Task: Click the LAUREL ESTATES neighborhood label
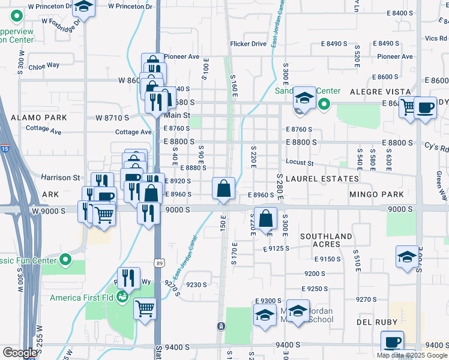(322, 179)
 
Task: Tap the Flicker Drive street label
(248, 44)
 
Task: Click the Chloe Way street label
(43, 65)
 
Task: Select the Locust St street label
(300, 163)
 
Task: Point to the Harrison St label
(61, 178)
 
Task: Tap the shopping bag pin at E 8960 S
(223, 188)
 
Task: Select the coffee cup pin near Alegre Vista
(426, 108)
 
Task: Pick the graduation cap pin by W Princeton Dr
(83, 8)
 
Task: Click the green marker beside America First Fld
(122, 296)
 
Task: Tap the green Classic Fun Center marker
(65, 260)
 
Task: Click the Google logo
(19, 353)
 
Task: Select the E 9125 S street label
(276, 248)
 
